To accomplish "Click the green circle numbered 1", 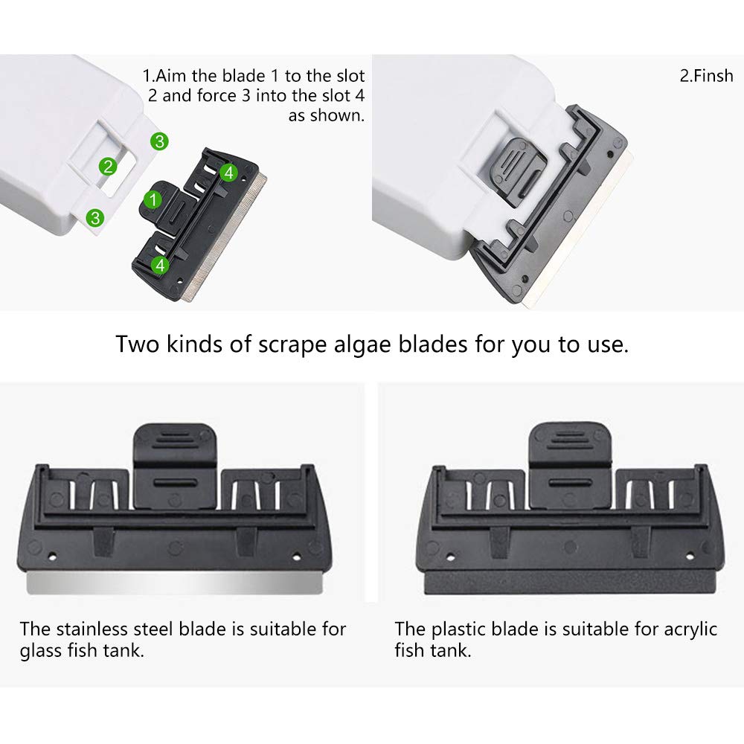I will tap(153, 199).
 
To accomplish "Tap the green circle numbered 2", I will tap(109, 166).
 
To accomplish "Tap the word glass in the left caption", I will tap(40, 651).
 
